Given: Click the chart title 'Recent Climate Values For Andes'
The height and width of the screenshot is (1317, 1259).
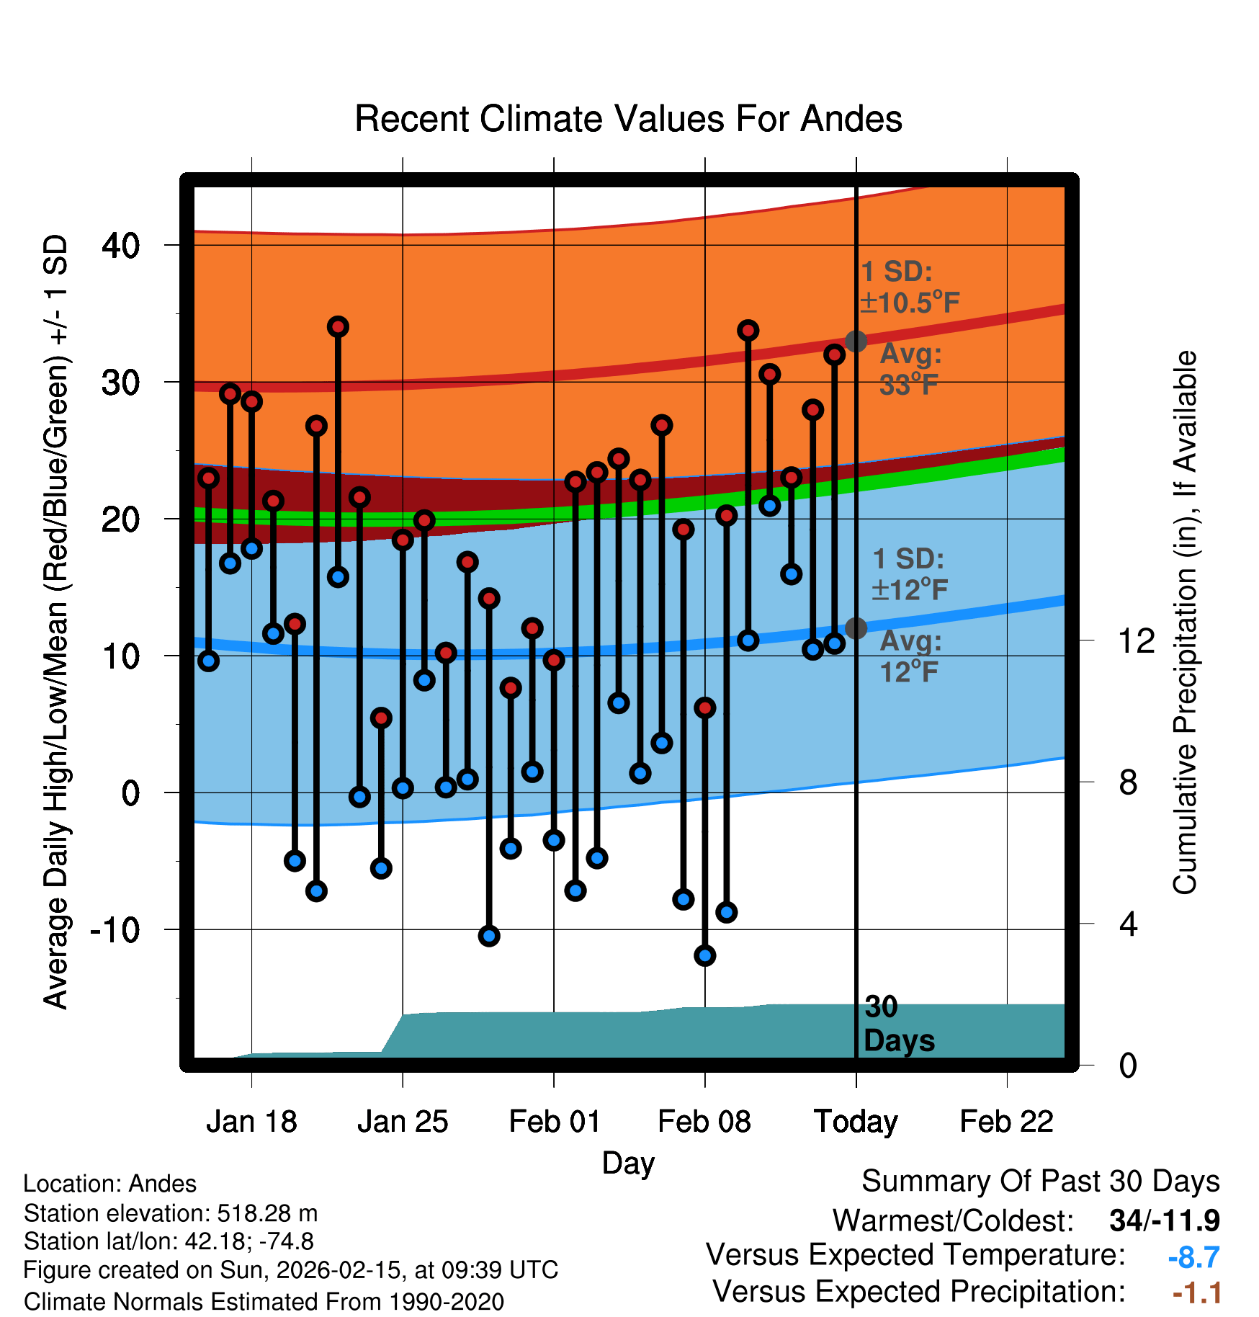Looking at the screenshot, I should tap(628, 119).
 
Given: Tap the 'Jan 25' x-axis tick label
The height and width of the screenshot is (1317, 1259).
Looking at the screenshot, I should tap(403, 1122).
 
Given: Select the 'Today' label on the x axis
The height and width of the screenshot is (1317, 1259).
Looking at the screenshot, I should tap(856, 1122).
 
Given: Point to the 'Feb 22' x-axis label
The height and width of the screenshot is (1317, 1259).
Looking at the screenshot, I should tap(1006, 1122).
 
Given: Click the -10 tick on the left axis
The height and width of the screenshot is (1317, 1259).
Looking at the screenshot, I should tap(115, 930).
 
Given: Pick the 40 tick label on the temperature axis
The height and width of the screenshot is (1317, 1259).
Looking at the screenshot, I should tap(120, 246).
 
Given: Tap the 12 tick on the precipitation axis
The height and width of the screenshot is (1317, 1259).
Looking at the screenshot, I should tap(1136, 640).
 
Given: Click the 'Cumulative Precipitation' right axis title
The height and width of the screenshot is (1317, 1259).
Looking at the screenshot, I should tap(1185, 623).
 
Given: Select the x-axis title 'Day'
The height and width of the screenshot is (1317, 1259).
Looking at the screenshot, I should tap(628, 1163).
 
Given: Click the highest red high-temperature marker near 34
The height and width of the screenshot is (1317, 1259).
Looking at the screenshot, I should tap(338, 327).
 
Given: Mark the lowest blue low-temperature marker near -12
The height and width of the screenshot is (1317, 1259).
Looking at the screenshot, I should tap(704, 956).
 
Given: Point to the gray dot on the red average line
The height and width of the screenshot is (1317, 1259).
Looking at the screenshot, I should tap(856, 341).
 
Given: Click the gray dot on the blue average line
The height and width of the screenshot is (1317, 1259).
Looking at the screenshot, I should tap(856, 628).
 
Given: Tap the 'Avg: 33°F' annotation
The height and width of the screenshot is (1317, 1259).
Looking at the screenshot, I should tap(910, 370).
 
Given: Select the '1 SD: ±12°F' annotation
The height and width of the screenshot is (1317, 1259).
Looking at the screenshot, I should tap(909, 574).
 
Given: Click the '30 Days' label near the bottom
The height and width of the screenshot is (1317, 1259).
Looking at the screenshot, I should tap(898, 1024).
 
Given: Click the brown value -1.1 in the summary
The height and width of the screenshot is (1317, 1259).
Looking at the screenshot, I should tap(1196, 1293).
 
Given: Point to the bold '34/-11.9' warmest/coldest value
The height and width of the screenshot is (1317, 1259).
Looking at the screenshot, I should tap(1164, 1220).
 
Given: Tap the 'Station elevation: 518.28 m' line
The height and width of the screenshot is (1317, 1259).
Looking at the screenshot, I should tap(171, 1213).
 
